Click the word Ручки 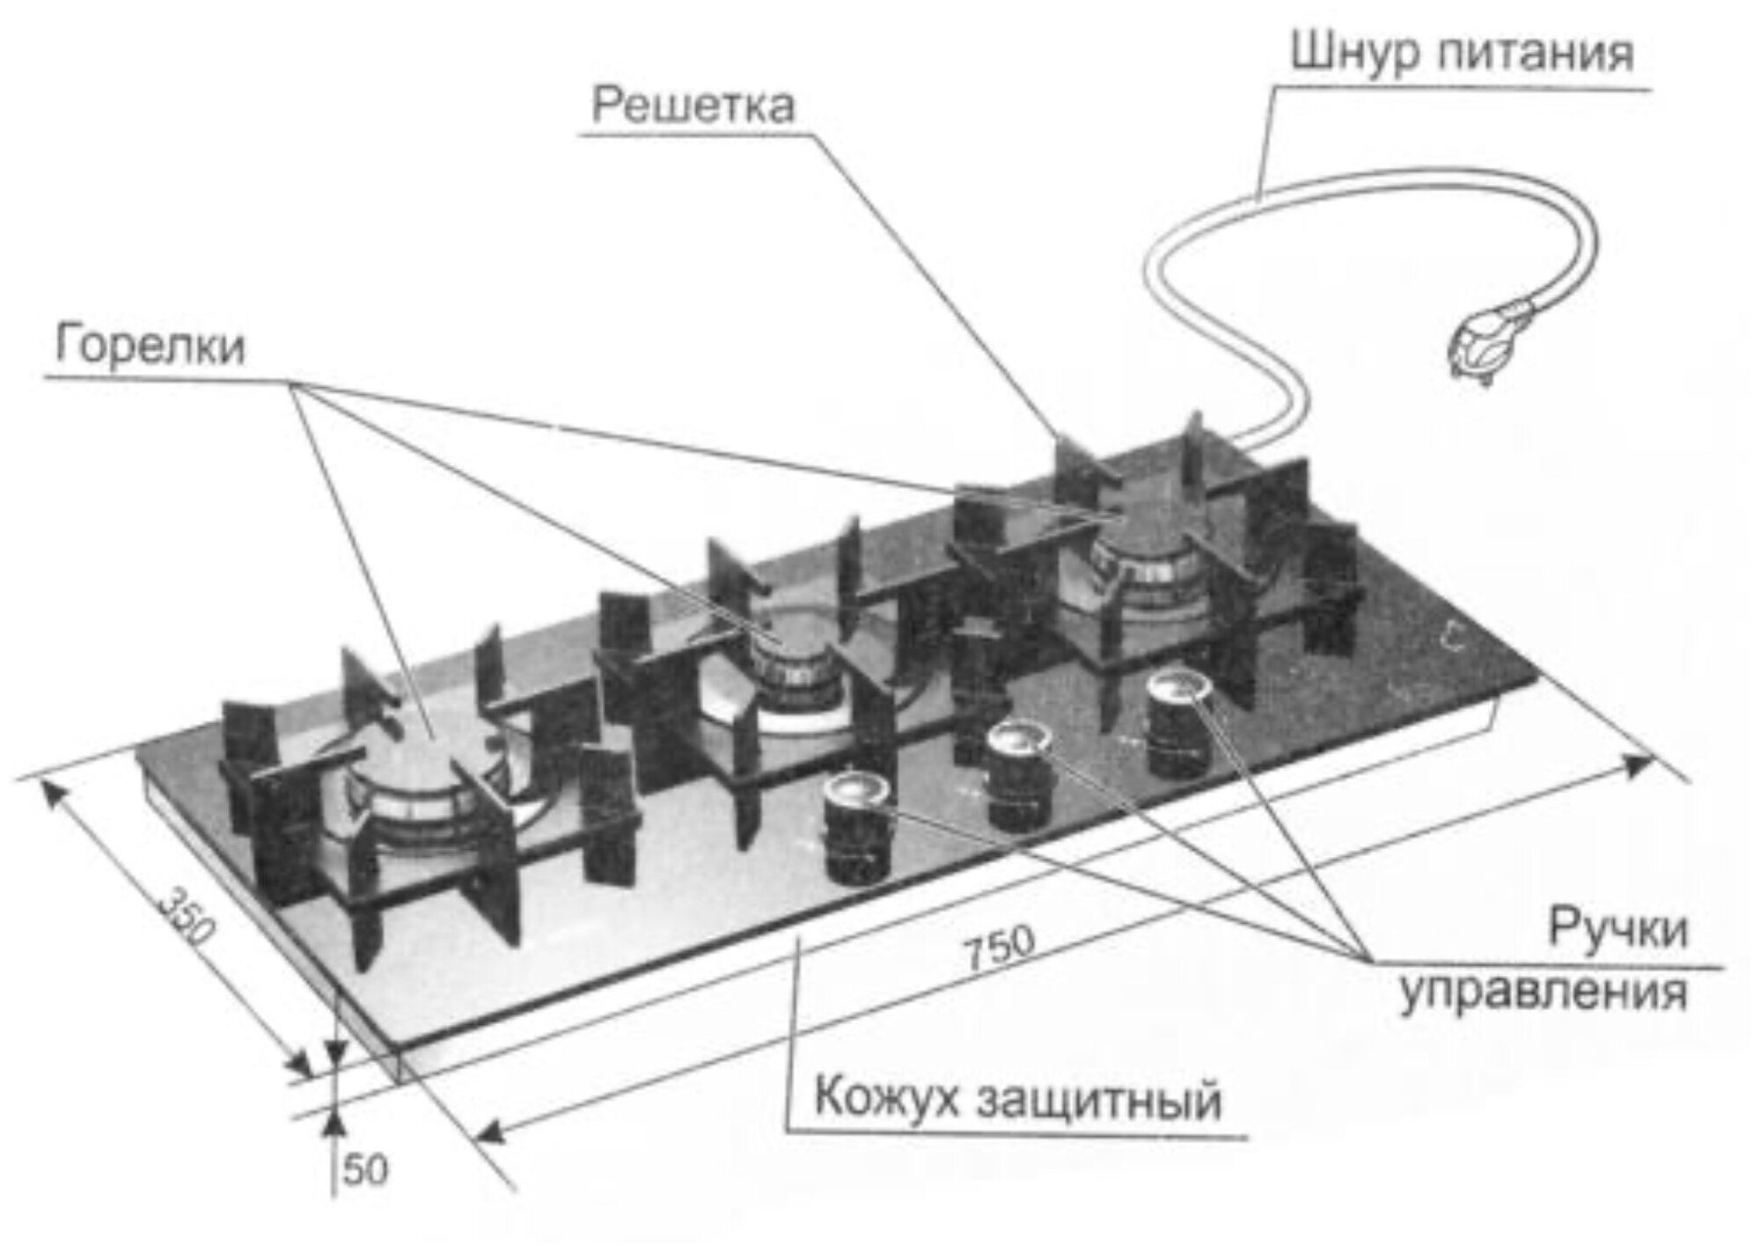1618,930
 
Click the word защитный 1102,1099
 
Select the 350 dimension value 187,918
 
